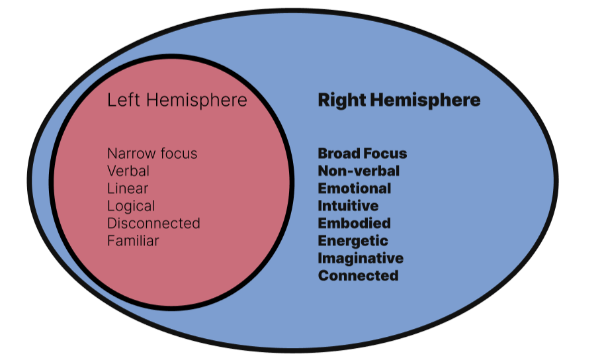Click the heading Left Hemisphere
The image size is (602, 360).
click(177, 100)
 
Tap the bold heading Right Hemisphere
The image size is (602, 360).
click(399, 100)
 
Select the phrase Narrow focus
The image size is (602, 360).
click(152, 154)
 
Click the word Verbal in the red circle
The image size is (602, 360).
click(128, 171)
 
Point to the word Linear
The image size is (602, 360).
click(128, 189)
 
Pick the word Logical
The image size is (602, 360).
click(131, 206)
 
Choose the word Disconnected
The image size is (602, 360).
click(153, 223)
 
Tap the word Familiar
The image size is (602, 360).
click(133, 241)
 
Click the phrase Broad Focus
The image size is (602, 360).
click(363, 154)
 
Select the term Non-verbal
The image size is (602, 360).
click(359, 171)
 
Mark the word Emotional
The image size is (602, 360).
click(355, 189)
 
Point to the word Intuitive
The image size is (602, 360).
click(348, 206)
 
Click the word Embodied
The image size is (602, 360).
click(354, 223)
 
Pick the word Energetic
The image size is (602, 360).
click(353, 240)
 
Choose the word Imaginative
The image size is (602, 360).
click(361, 258)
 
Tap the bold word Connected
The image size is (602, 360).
click(358, 275)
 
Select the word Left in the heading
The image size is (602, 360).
click(123, 100)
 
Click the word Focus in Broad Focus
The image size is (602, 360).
click(386, 154)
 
